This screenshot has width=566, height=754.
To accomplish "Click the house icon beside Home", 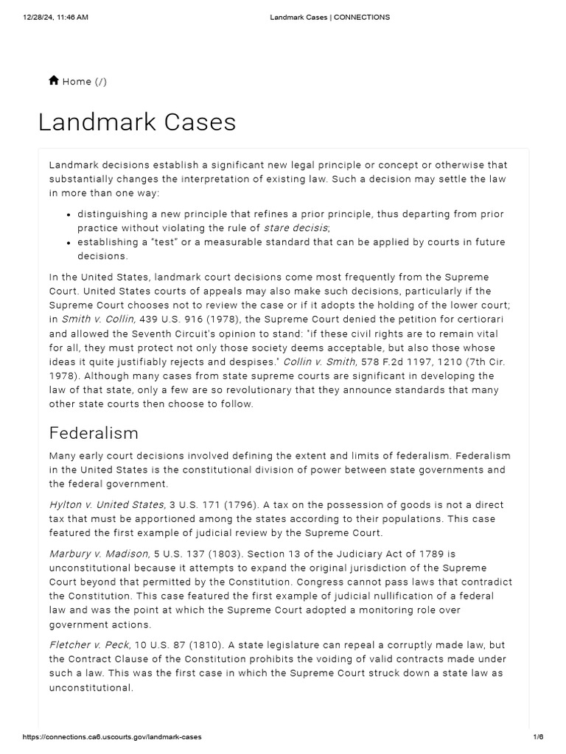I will click(54, 81).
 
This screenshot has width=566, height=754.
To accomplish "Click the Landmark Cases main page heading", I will click(137, 121).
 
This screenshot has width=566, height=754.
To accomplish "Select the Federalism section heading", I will click(94, 432).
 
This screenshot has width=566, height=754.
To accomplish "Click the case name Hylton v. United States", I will click(107, 504).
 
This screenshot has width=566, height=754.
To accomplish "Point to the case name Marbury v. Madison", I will click(99, 553).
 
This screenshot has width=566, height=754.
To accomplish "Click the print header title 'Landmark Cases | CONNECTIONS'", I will click(330, 17).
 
